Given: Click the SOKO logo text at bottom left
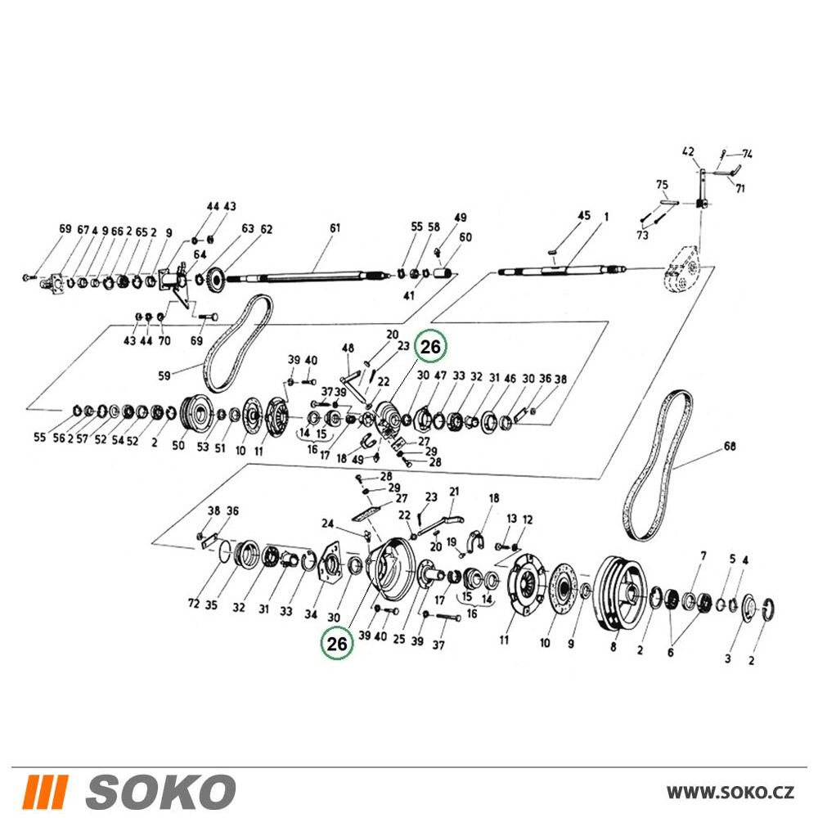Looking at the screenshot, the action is tap(160, 792).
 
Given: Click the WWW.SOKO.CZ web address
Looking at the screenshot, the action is tap(730, 793).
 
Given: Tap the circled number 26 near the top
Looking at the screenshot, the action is tap(430, 346).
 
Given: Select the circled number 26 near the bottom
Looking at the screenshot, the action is tap(336, 643).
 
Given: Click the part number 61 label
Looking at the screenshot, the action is tap(335, 227).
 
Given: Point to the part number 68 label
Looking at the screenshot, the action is tap(730, 447).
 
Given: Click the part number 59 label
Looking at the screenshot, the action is tap(164, 375).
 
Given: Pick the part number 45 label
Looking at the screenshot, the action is tap(584, 215).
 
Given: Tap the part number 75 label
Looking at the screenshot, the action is tap(662, 185).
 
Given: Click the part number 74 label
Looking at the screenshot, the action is tap(748, 154).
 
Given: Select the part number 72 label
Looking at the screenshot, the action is tap(194, 604).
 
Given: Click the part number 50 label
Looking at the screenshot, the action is tap(178, 446).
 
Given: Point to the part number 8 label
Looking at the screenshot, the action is tap(613, 647).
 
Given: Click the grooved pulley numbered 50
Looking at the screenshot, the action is tap(196, 413).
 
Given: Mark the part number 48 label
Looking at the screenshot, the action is tap(348, 348).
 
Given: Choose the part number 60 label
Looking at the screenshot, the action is tap(465, 237).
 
